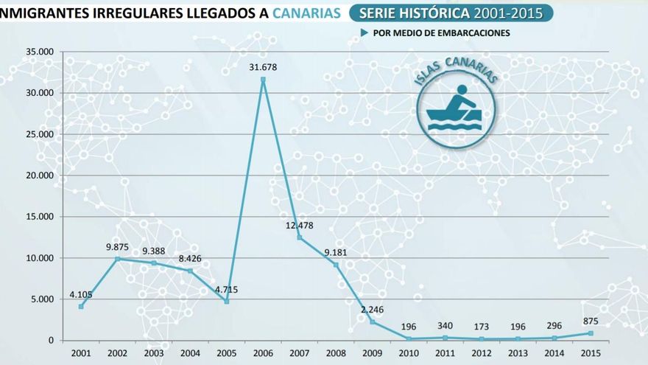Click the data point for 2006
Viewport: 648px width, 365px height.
[263, 79]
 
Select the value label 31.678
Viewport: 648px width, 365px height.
[263, 68]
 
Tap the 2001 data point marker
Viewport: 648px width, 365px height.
[81, 306]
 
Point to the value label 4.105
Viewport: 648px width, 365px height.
[81, 295]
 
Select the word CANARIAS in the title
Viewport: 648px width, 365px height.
[306, 13]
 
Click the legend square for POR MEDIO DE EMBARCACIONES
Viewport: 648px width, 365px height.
[364, 33]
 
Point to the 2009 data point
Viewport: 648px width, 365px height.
[373, 321]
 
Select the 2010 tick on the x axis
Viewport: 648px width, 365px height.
[409, 352]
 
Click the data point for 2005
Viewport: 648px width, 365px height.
[227, 301]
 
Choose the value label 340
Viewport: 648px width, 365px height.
[445, 326]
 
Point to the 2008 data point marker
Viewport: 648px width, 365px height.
[336, 265]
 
